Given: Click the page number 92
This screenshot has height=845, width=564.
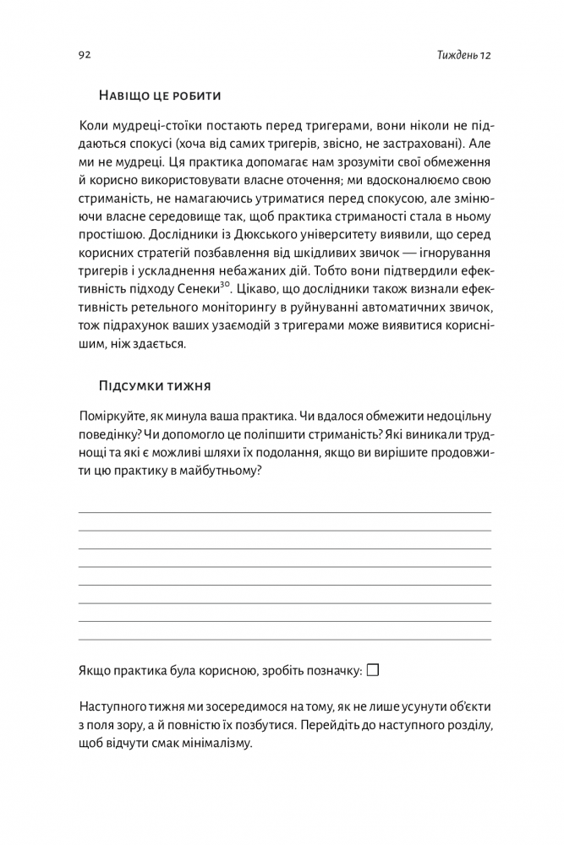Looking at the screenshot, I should [x=85, y=56].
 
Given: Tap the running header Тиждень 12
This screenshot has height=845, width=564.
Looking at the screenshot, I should [x=464, y=56].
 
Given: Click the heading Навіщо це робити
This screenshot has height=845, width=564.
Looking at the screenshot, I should [x=160, y=94].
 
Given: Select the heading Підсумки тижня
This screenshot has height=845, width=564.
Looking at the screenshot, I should [x=155, y=385].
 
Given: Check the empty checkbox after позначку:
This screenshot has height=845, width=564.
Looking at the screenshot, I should [x=373, y=669].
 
